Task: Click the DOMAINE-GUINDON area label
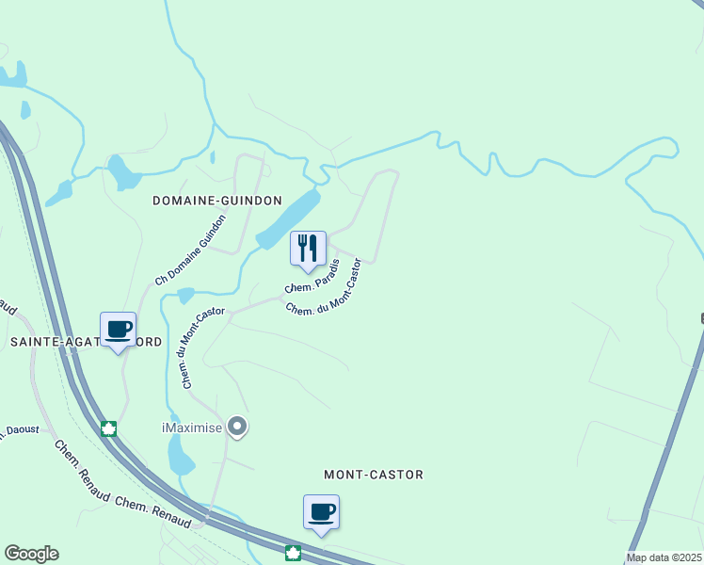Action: [x=216, y=202]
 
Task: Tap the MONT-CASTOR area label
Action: [x=373, y=475]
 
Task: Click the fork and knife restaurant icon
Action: [x=308, y=250]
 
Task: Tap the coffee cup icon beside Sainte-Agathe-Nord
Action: [x=118, y=331]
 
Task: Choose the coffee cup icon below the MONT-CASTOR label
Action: [x=321, y=513]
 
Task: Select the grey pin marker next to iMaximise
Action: [x=237, y=428]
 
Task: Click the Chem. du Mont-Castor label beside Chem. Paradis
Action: [x=324, y=288]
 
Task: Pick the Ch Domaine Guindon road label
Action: [x=192, y=250]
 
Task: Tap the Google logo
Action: [x=31, y=554]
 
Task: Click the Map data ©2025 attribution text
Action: [x=664, y=557]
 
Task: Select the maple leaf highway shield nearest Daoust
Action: [x=108, y=429]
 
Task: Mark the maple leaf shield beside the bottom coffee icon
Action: [x=293, y=553]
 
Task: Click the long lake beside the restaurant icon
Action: [x=287, y=218]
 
